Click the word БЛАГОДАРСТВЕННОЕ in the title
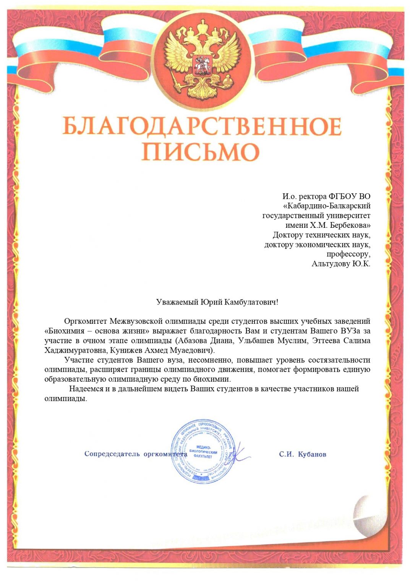point(202,126)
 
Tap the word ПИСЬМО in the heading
point(200,152)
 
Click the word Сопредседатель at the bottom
point(112,454)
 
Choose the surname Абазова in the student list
point(192,340)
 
